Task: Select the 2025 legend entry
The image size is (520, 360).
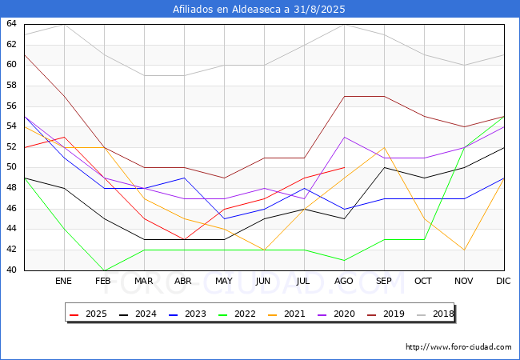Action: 88,314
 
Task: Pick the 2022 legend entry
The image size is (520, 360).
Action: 237,314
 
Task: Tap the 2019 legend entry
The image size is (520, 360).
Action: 386,314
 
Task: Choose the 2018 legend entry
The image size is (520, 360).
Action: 435,314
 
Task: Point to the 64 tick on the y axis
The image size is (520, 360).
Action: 11,23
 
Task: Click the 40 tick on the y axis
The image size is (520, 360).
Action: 11,270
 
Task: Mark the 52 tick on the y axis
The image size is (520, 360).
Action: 11,147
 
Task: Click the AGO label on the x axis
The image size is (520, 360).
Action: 344,282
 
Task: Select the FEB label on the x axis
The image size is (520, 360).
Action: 103,282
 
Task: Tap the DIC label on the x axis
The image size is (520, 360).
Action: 503,282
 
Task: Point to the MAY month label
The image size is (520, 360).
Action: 224,282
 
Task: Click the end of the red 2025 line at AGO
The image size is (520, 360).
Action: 345,168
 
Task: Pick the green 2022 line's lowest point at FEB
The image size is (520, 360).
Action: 105,270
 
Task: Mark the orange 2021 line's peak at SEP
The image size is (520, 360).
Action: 384,147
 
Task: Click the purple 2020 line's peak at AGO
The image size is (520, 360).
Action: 345,138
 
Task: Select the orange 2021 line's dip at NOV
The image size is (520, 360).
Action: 464,250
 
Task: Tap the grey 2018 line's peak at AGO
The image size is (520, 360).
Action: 345,25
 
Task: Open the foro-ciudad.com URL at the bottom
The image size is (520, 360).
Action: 458,347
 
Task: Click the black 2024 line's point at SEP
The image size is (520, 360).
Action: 384,168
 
